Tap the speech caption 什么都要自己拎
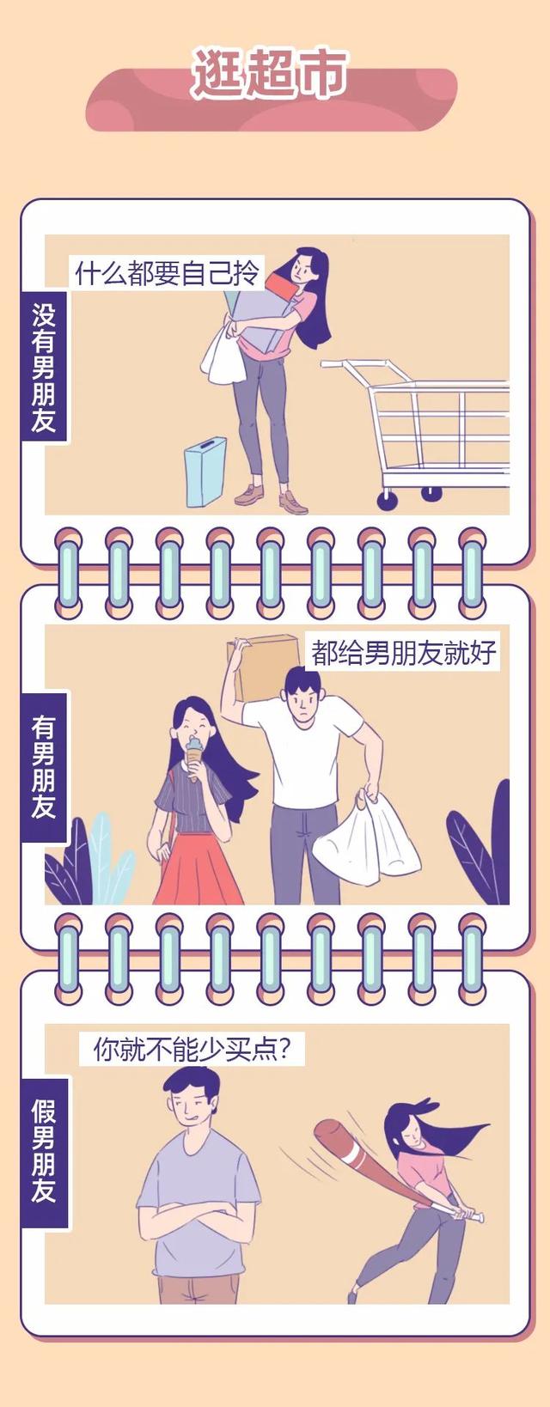coord(167,274)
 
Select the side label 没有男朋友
coord(44,367)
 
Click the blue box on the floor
coord(205,471)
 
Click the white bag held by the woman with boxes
coord(223,355)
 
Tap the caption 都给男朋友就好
coord(404,653)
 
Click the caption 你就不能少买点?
coord(192,1050)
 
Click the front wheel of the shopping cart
coord(388,500)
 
